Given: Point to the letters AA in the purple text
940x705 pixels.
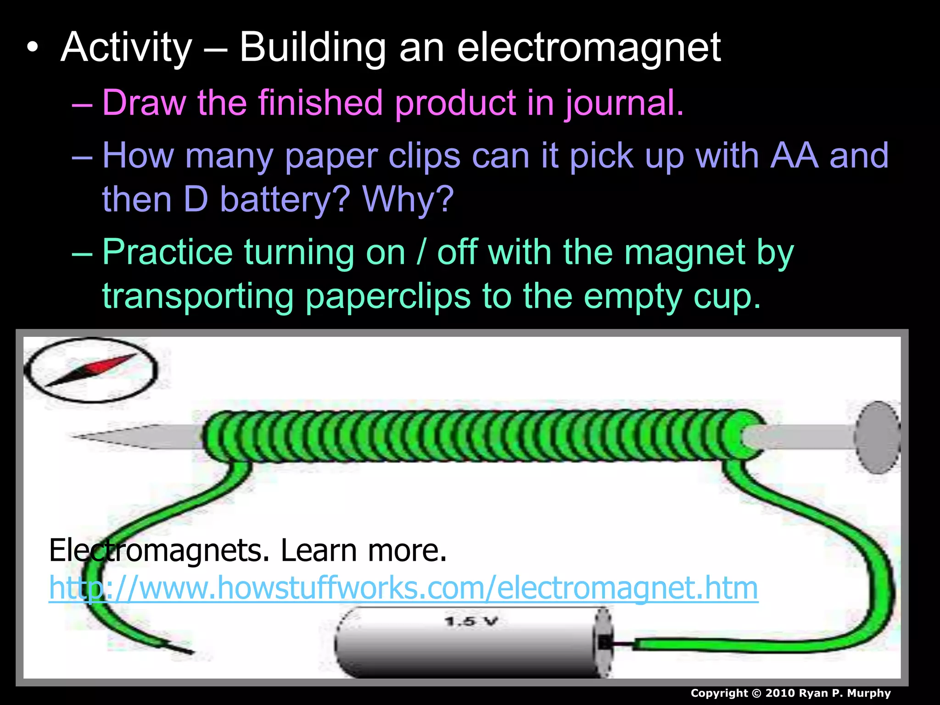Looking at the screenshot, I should click(794, 155).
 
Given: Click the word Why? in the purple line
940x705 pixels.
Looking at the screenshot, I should click(408, 199).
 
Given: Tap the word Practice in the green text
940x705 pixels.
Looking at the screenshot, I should click(168, 252).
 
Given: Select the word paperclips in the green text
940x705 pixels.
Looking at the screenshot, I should click(388, 296).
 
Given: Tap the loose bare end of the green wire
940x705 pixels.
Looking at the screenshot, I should click(184, 649).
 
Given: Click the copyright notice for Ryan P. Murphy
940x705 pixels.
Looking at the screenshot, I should click(790, 693).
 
